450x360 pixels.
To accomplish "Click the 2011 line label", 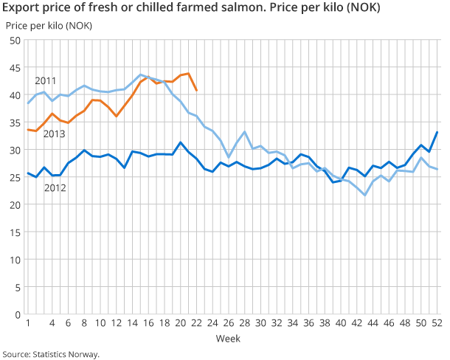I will point(46,80).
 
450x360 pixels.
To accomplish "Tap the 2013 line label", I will point(54,134).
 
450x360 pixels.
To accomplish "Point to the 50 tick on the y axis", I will point(14,41).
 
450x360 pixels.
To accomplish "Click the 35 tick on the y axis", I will point(14,122).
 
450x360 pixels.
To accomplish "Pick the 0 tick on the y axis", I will point(16,314).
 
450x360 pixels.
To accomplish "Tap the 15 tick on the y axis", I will point(14,232).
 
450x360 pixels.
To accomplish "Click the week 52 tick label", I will point(437,323).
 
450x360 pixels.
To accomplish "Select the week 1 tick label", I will point(28,323).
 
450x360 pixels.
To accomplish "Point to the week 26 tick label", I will point(229,323).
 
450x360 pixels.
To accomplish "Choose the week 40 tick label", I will point(341,323).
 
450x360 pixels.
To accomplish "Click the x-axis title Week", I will point(227,338).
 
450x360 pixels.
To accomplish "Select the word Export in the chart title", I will point(21,9).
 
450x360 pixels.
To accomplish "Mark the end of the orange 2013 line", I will point(196,91).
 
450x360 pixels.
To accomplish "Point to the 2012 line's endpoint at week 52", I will point(437,133).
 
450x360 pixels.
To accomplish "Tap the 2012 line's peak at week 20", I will point(181,142).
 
